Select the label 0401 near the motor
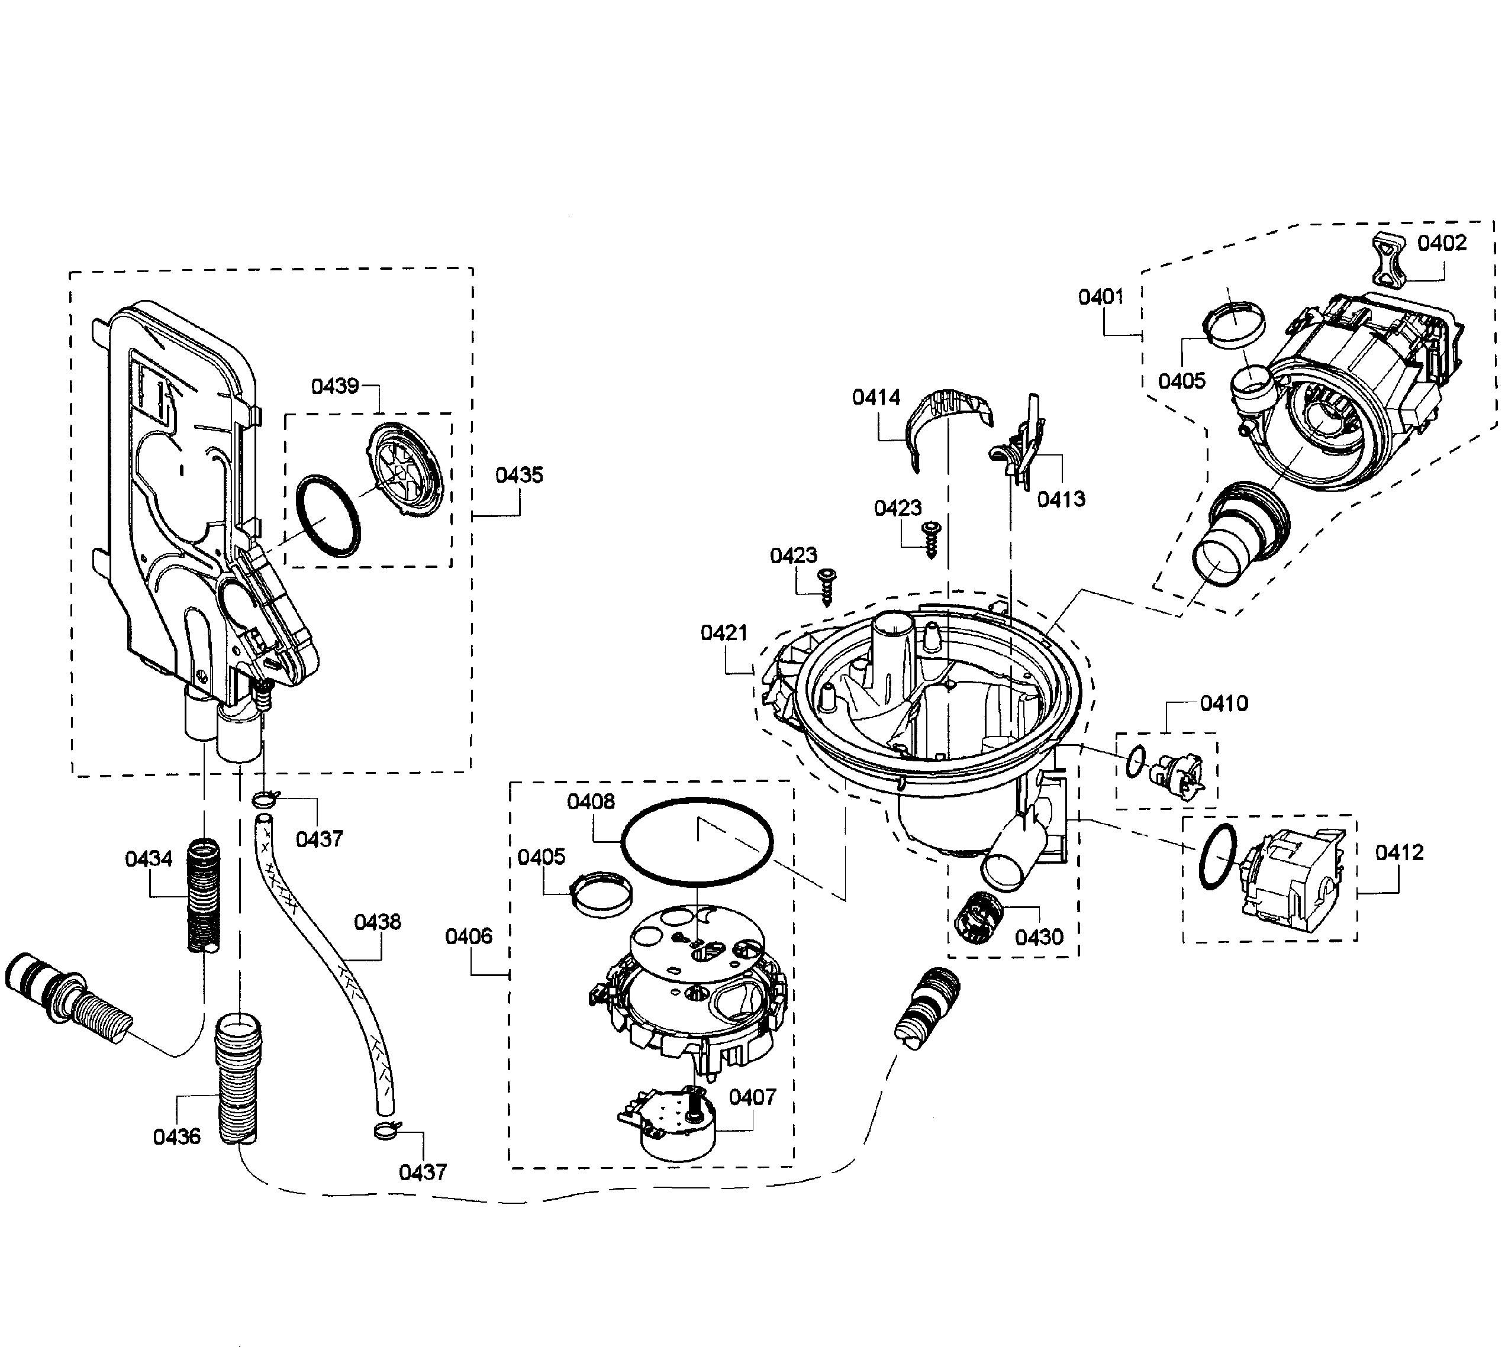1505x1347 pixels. click(x=1101, y=297)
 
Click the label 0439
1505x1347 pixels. click(x=334, y=386)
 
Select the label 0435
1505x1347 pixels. click(x=519, y=475)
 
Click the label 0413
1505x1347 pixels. click(x=1061, y=499)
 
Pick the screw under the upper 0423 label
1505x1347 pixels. click(x=930, y=538)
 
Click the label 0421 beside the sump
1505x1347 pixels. click(x=724, y=633)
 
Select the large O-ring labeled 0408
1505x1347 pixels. click(x=696, y=841)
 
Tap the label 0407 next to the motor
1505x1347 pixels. click(x=752, y=1097)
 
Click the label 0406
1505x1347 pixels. click(x=469, y=936)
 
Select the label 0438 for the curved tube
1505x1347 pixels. click(x=378, y=922)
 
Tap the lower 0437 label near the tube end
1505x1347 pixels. click(x=423, y=1172)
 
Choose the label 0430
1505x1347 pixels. click(x=1039, y=938)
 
